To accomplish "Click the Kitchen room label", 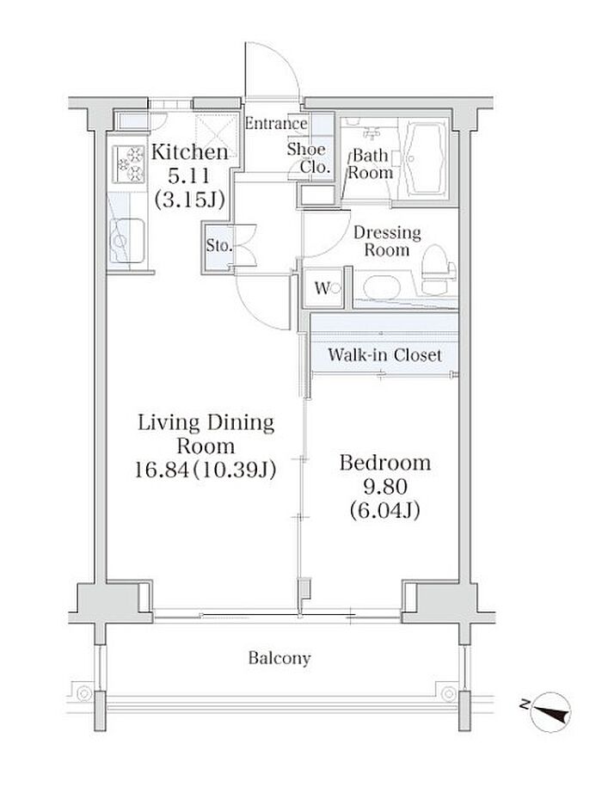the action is pos(189,152).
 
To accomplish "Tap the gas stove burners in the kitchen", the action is pos(129,163).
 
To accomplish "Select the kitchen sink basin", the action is pos(128,241).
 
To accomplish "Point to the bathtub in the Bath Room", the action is pos(427,158).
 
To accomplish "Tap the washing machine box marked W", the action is pos(323,288).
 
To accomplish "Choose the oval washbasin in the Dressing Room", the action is pos(382,287).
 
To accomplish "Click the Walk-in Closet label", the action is pos(384,355).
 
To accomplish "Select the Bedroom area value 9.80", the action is pos(384,486).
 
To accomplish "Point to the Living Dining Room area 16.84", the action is pos(162,470).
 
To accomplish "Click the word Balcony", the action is pos(279,658).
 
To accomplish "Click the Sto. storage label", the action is pos(219,245).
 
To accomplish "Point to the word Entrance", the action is pos(276,124).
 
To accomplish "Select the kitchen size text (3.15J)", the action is pos(189,200).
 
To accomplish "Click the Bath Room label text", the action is pos(370,164).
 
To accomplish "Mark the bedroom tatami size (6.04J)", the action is pos(384,510).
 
